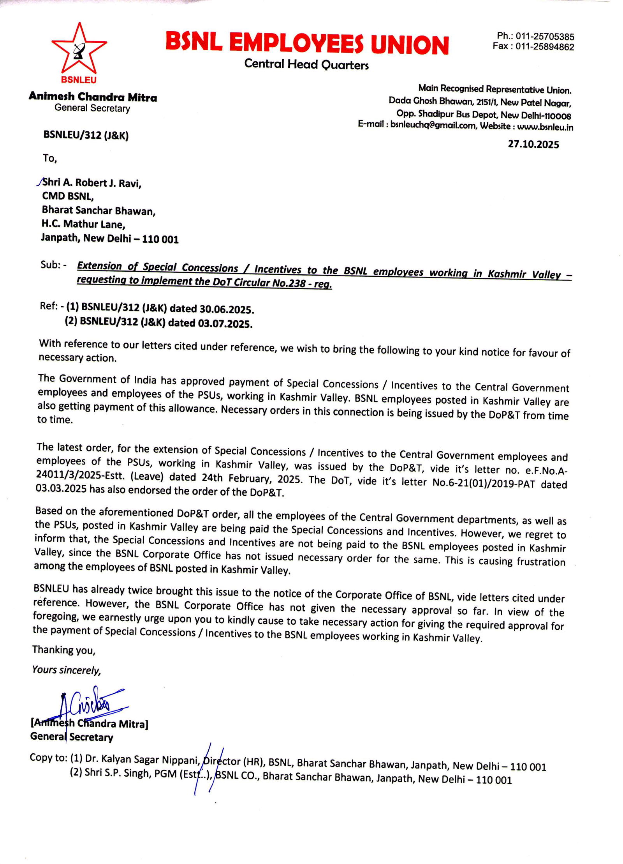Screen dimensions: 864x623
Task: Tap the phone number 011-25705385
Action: [x=545, y=37]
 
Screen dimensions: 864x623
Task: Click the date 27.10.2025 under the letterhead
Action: [x=533, y=145]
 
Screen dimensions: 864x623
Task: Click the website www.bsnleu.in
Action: [x=545, y=127]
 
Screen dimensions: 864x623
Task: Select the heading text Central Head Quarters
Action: [x=306, y=64]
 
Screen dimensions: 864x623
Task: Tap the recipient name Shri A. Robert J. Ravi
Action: [x=92, y=182]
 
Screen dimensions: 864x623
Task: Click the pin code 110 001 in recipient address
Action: [x=160, y=239]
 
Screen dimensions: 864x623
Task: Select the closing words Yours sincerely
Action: [x=67, y=670]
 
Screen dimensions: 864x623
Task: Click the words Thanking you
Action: [x=63, y=650]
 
